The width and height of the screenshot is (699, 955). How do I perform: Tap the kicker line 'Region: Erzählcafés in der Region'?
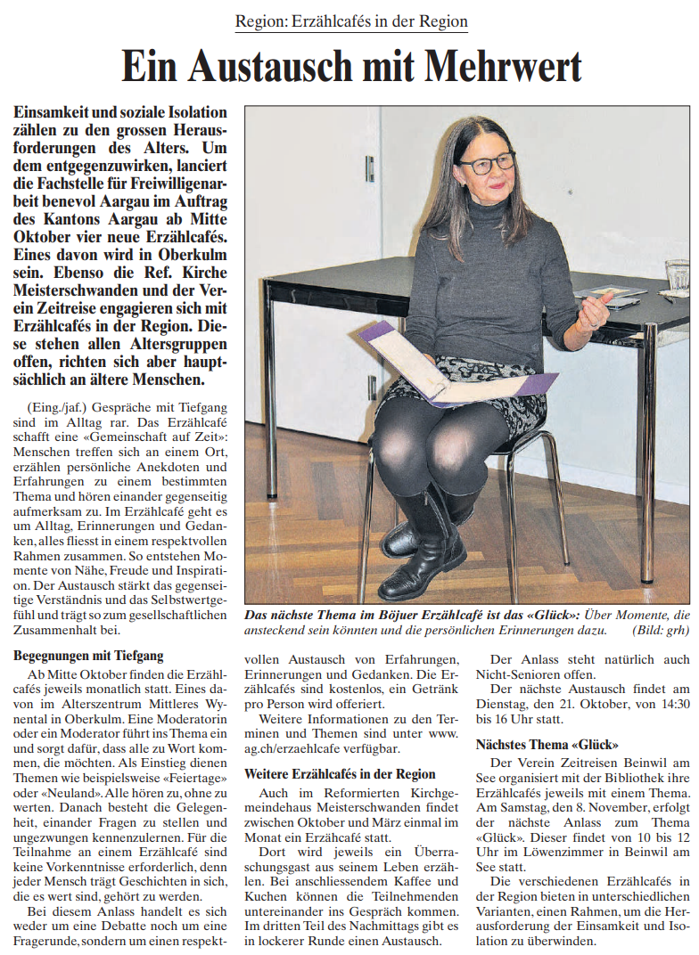point(351,21)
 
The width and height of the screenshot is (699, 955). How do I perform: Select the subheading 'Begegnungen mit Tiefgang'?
point(89,656)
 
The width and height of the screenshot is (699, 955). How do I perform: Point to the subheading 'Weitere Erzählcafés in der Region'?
point(340,773)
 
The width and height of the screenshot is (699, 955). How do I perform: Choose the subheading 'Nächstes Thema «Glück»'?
point(547,745)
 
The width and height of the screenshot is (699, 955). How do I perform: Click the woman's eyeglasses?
point(488,163)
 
